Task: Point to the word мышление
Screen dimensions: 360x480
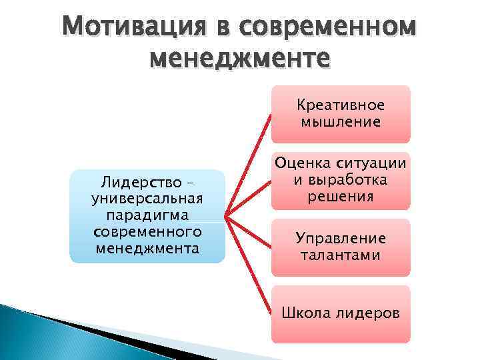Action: (x=341, y=121)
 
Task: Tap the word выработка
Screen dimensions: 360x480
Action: (x=349, y=180)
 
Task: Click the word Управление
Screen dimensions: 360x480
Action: (x=341, y=239)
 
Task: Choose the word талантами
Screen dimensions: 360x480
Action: (x=341, y=255)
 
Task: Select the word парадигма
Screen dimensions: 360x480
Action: (x=147, y=215)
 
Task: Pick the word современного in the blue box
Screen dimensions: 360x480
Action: (x=147, y=232)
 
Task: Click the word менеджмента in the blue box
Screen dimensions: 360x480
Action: (x=147, y=249)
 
